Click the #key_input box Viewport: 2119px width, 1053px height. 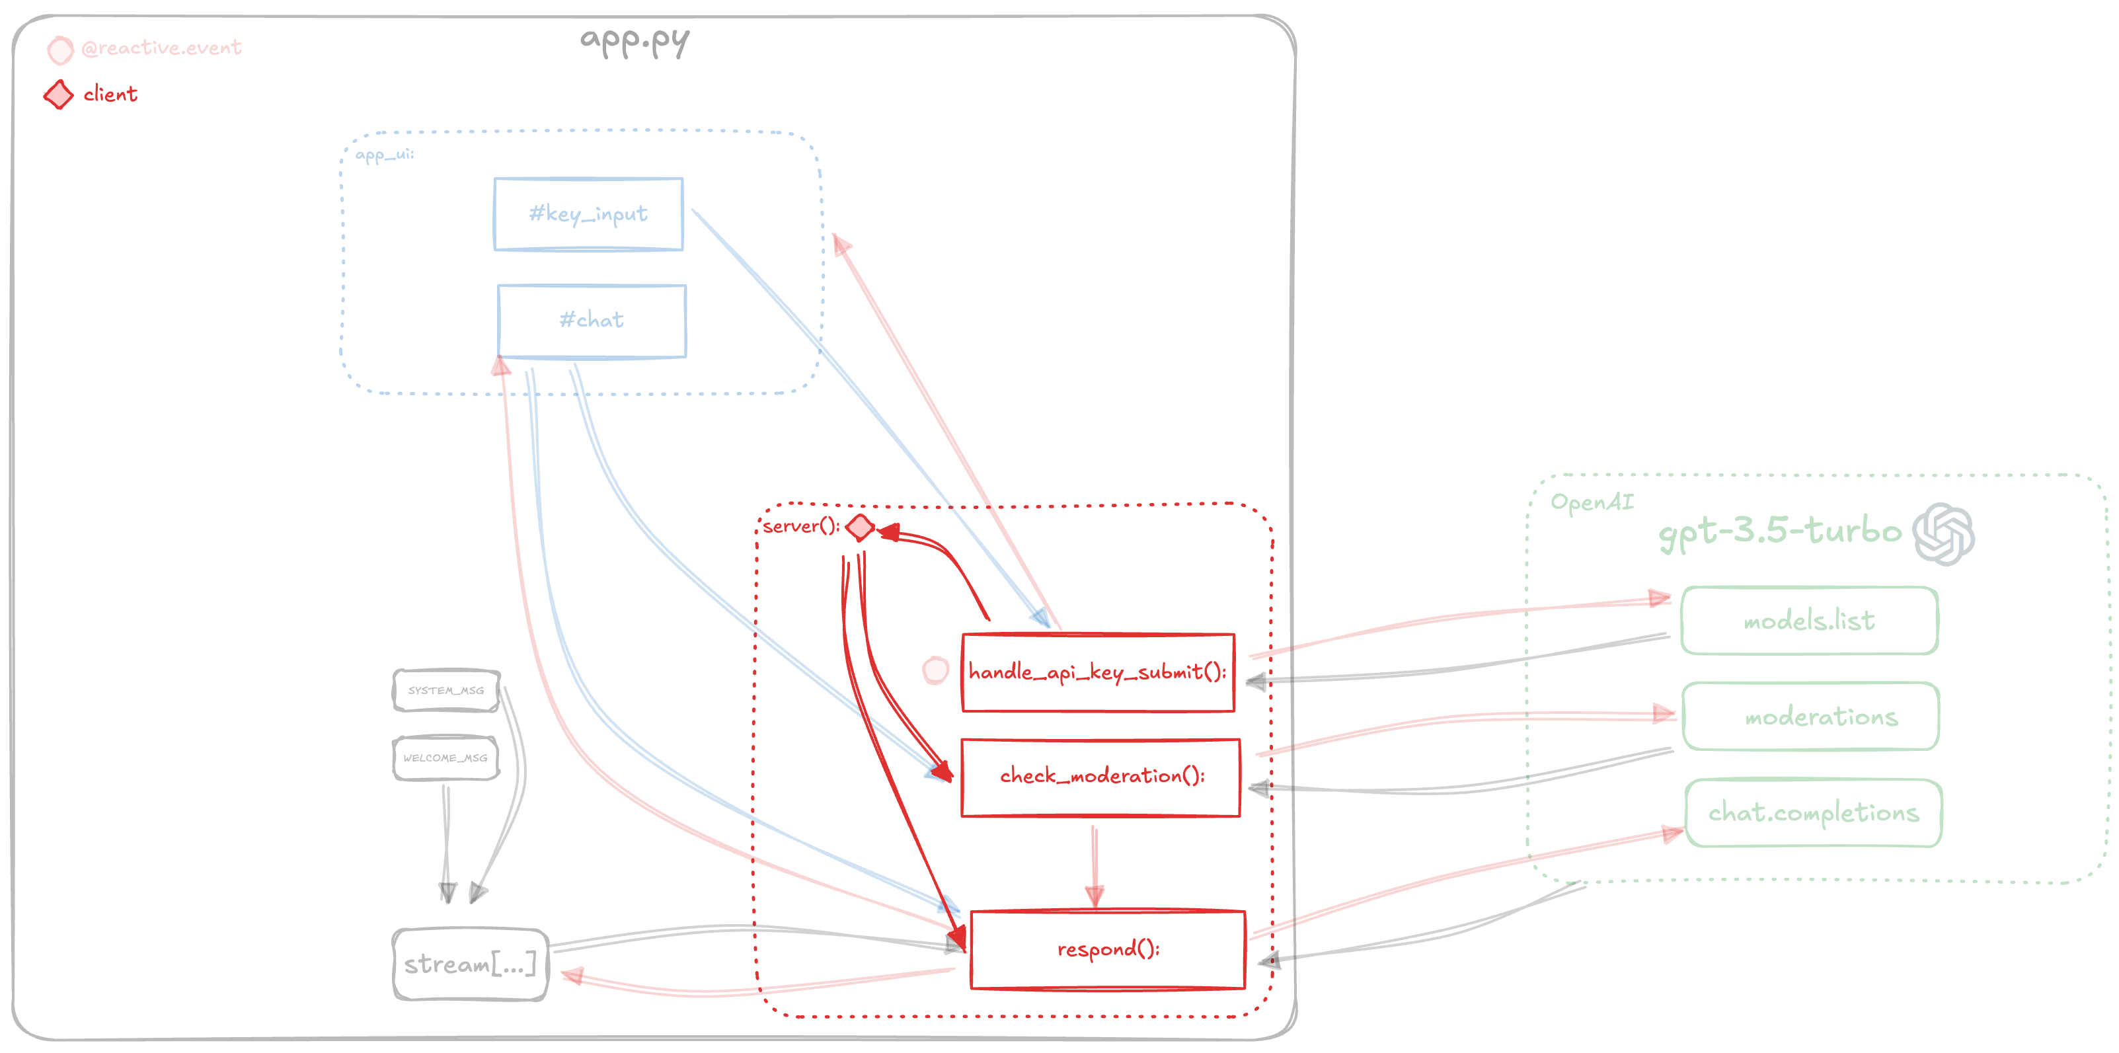tap(588, 214)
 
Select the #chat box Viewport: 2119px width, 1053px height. tap(592, 321)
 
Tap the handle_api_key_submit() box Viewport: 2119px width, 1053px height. tap(1098, 672)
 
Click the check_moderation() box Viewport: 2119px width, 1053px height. tap(1100, 777)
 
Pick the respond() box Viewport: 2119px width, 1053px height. tap(1107, 949)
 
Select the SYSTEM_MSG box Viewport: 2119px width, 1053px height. tap(446, 690)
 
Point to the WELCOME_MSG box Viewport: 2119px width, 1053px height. tap(446, 758)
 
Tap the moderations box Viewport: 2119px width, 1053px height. tap(1810, 717)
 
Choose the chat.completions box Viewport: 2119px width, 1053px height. tap(1813, 813)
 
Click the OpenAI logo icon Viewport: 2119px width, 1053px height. tap(1943, 534)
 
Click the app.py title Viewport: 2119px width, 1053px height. tap(635, 41)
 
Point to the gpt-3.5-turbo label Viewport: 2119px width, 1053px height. tap(1780, 531)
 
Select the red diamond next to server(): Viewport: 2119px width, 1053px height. tap(860, 526)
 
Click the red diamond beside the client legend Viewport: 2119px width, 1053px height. tap(58, 95)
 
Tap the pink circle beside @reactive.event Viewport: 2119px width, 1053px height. tap(60, 50)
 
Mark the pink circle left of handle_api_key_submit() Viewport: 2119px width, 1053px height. tap(935, 670)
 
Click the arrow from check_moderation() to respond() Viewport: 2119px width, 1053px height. tap(1094, 864)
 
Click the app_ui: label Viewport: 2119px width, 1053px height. tap(384, 155)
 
